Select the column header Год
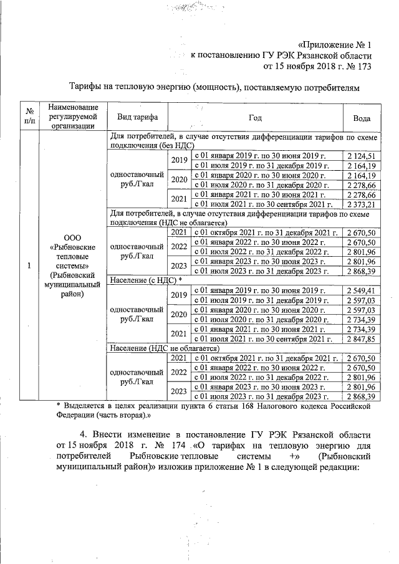(254, 117)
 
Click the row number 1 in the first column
(29, 266)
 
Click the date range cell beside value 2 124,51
(267, 155)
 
